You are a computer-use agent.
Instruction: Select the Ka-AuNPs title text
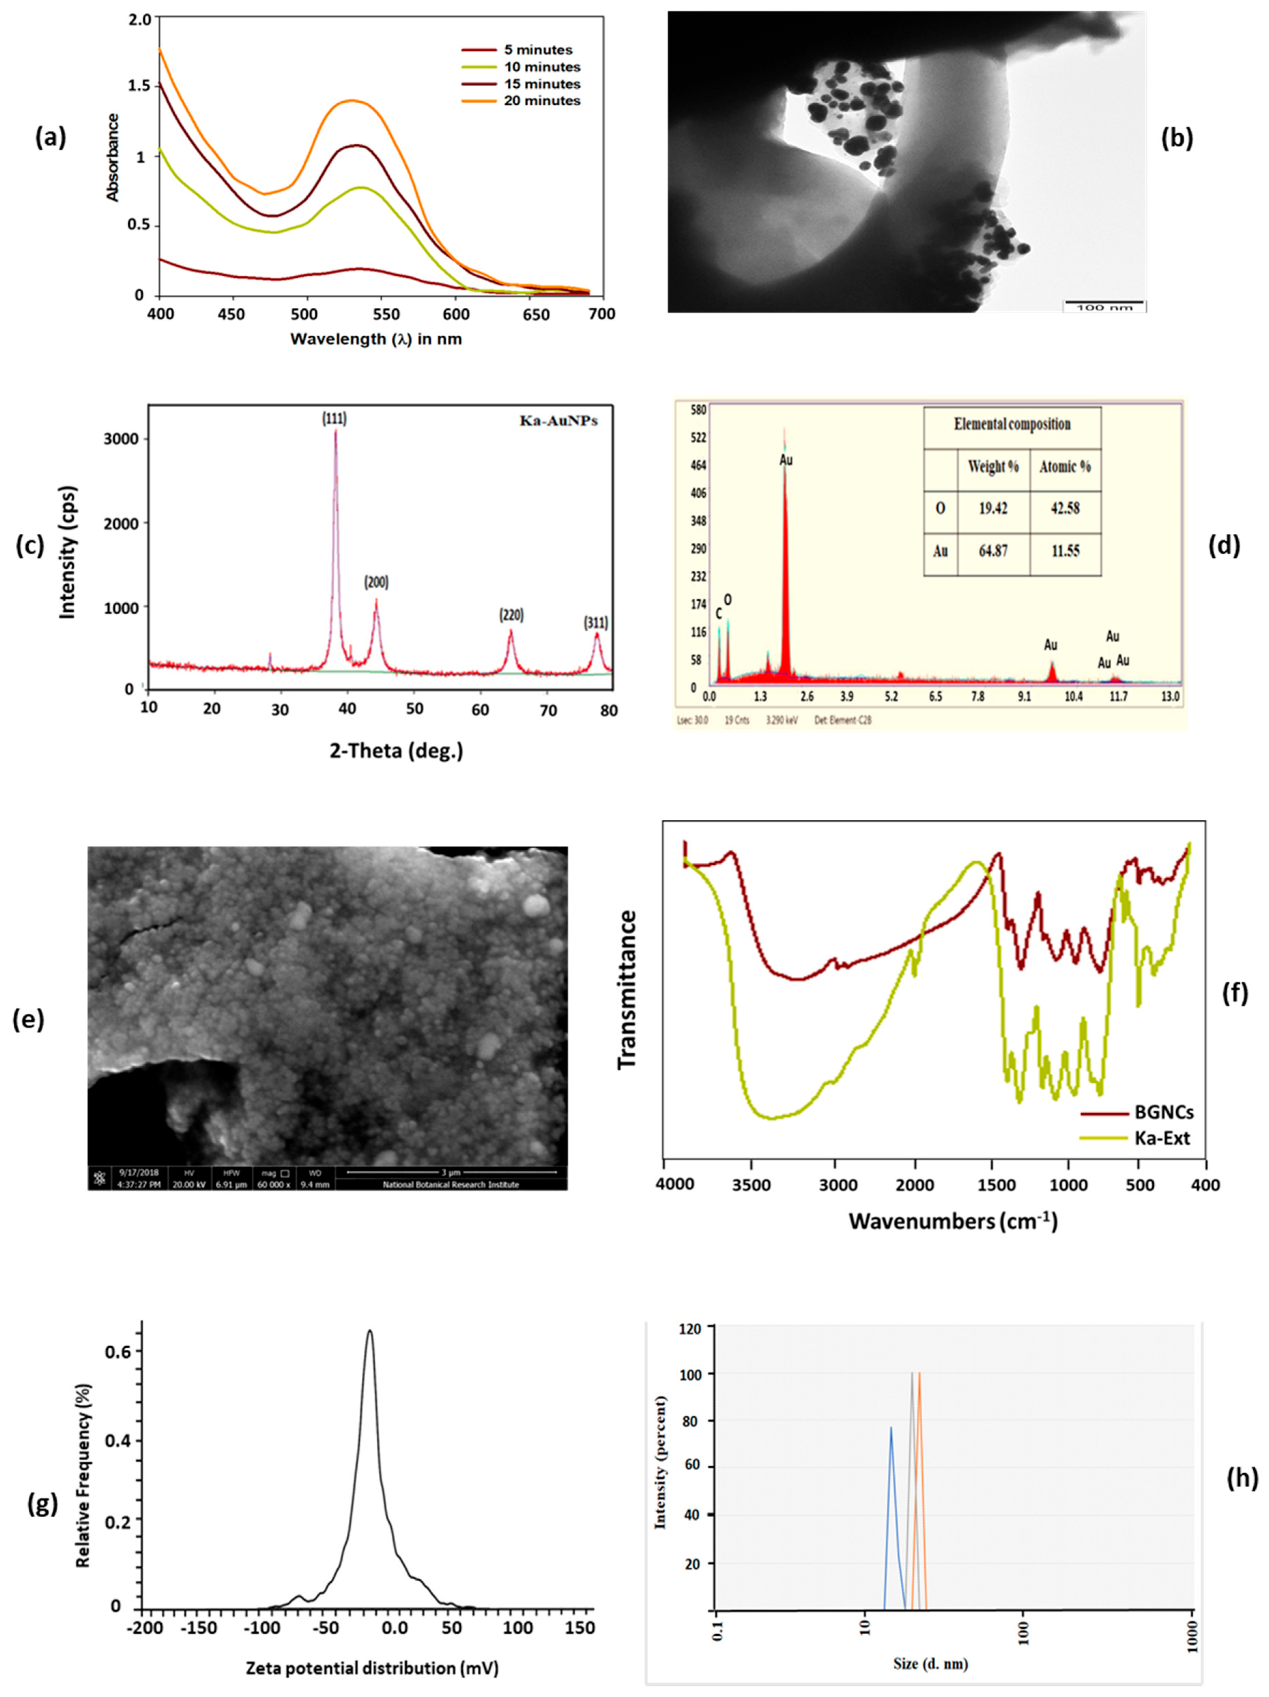(559, 421)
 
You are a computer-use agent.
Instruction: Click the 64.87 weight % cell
(993, 551)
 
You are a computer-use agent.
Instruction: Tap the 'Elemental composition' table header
(1012, 424)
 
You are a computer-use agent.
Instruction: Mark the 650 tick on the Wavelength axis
(535, 314)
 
